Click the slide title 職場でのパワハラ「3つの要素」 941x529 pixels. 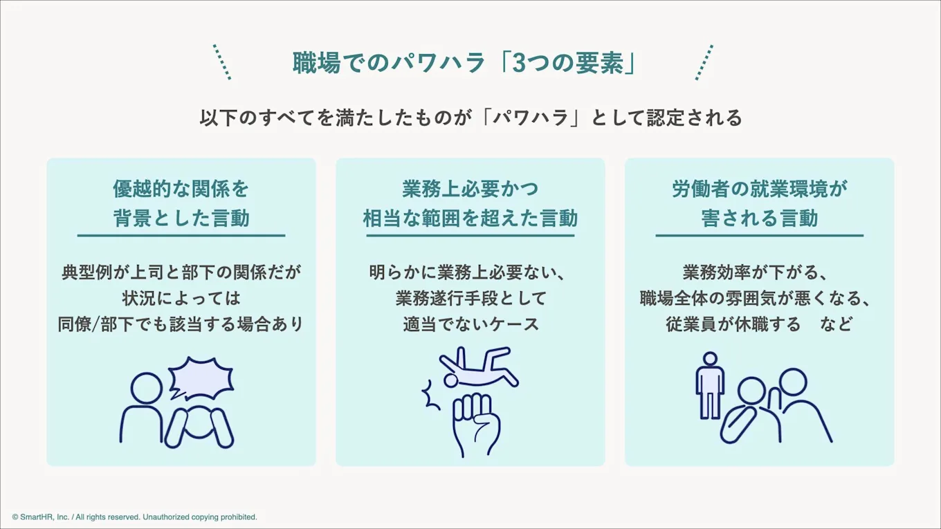point(464,63)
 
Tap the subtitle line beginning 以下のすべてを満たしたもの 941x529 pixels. point(470,118)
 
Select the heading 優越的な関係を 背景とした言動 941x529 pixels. point(181,203)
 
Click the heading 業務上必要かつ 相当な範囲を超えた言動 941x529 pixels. point(470,203)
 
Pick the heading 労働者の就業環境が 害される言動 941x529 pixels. point(759,203)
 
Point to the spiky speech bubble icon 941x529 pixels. point(201,378)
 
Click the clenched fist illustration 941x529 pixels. point(475,423)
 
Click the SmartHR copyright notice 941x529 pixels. point(134,517)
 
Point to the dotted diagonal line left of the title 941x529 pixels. point(221,62)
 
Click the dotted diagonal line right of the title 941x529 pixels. point(704,62)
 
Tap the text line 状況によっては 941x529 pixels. point(181,298)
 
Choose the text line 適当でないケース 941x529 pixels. point(470,324)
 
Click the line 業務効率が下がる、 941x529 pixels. point(759,272)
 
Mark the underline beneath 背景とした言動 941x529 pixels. point(181,236)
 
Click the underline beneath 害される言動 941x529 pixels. point(759,236)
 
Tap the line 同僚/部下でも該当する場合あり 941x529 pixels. point(181,324)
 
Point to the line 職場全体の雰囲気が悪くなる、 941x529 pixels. point(754,298)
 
